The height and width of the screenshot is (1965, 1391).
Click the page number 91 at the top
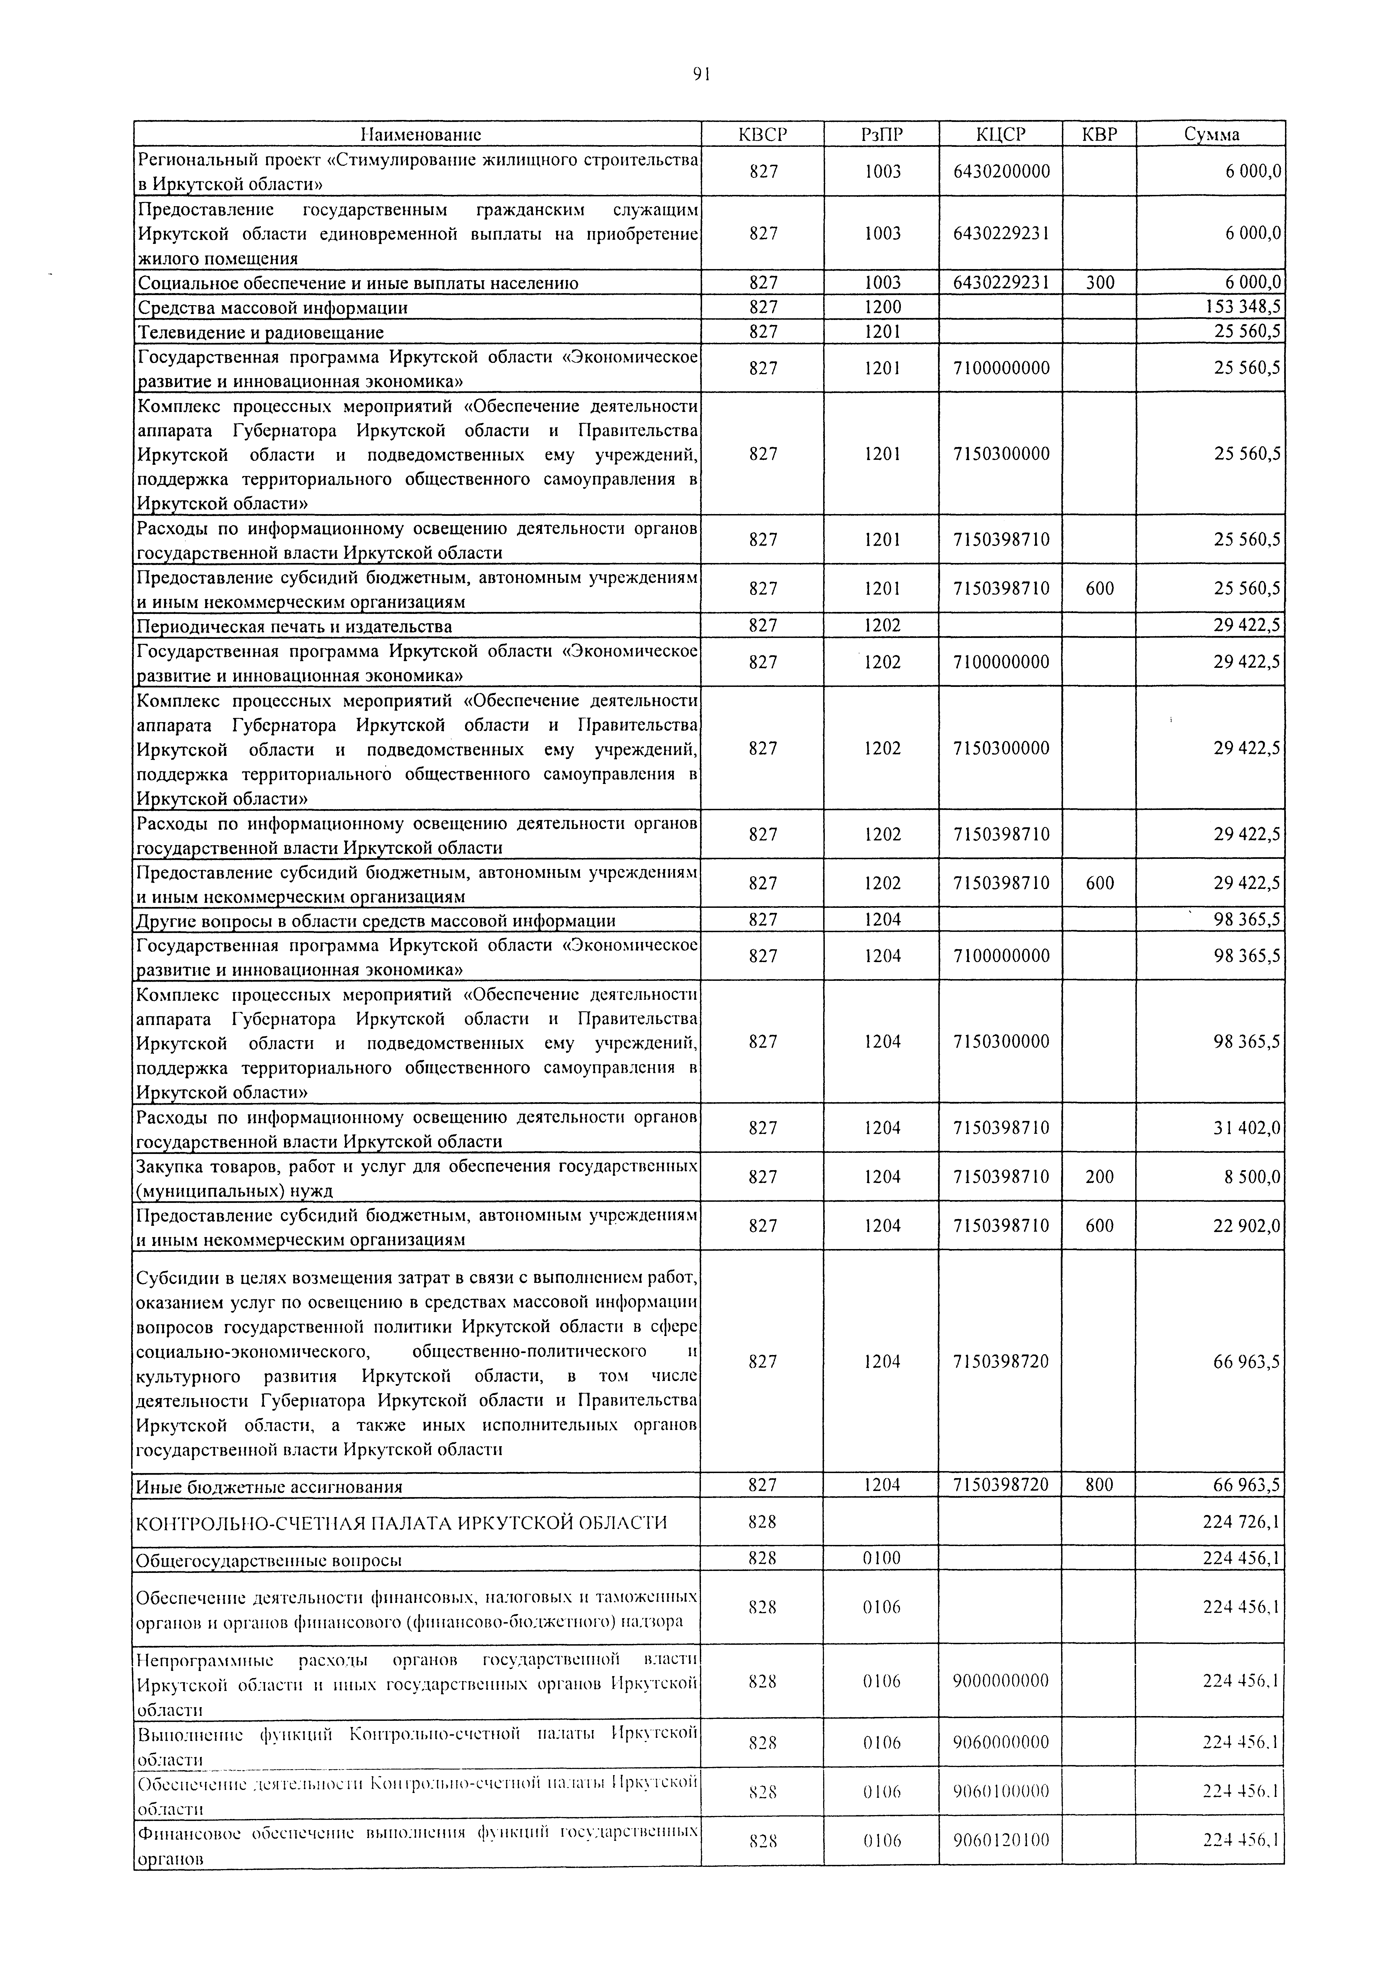click(702, 74)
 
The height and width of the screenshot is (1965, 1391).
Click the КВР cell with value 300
click(1100, 283)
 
